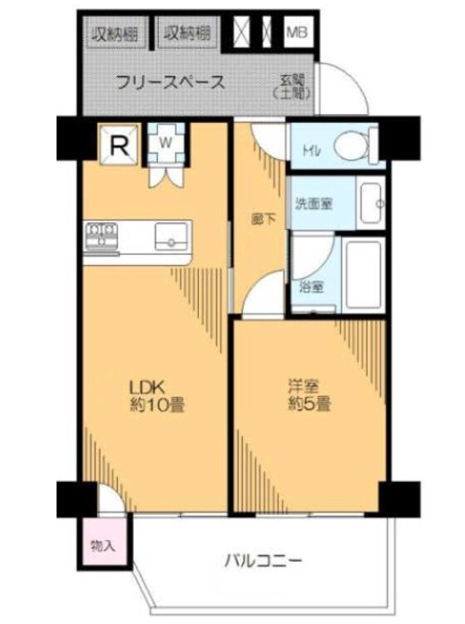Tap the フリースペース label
170,82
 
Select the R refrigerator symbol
119,146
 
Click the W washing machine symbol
166,142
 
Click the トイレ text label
310,152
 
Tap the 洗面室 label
314,201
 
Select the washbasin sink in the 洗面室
370,201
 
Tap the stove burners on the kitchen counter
101,233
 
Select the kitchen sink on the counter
171,235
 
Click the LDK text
147,386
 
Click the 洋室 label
301,386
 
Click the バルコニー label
262,560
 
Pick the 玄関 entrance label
292,87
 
